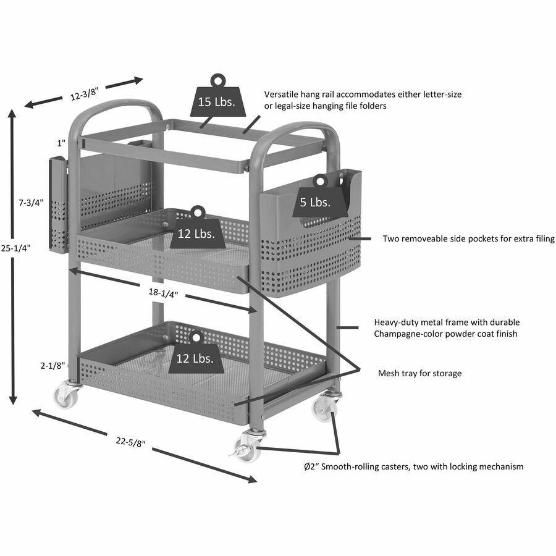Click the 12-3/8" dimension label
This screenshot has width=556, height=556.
pos(84,95)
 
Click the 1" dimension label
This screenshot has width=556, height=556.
pos(61,143)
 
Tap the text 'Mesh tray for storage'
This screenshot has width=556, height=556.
pos(419,373)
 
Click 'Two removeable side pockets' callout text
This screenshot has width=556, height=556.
pos(468,238)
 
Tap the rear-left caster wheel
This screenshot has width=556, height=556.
pos(67,396)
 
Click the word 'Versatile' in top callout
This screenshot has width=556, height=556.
pos(283,95)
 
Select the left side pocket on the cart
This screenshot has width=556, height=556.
pos(59,205)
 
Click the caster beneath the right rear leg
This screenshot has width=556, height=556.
pos(326,408)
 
